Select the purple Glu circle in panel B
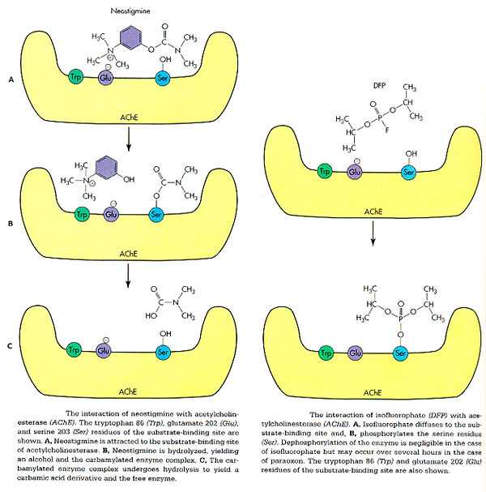tap(110, 215)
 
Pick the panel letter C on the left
tap(10, 347)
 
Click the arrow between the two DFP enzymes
tap(373, 237)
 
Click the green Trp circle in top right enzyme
tap(326, 172)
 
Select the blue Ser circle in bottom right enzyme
tap(399, 353)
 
